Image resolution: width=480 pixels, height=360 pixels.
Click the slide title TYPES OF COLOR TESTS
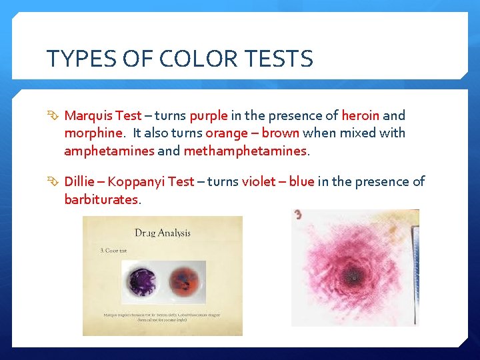[179, 59]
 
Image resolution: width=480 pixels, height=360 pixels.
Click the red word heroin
[360, 115]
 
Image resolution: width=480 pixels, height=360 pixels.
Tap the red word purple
[208, 115]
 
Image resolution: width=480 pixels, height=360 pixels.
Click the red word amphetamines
[109, 151]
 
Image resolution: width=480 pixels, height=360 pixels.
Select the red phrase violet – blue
[278, 182]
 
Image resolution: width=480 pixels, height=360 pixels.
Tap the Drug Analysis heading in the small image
[163, 233]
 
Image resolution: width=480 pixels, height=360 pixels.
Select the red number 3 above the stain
[297, 215]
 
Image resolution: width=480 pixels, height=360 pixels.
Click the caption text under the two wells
[162, 317]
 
